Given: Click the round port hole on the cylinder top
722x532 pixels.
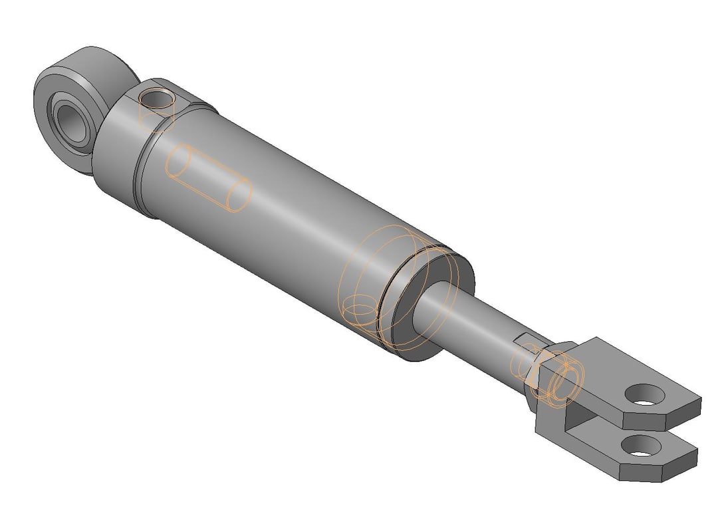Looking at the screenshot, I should (158, 100).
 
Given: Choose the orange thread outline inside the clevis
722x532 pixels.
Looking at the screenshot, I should (565, 382).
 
